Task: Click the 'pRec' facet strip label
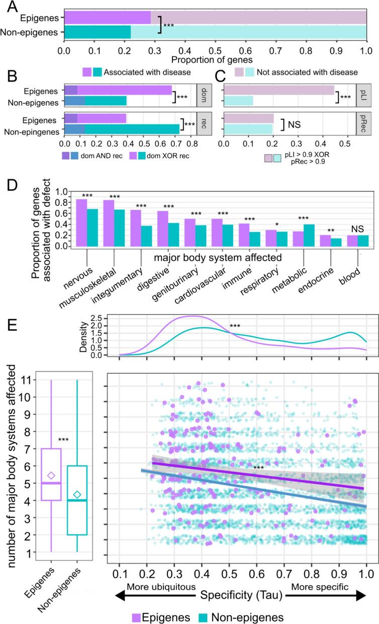(x=363, y=130)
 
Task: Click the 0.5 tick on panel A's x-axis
(x=215, y=51)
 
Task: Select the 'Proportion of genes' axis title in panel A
(x=215, y=60)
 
